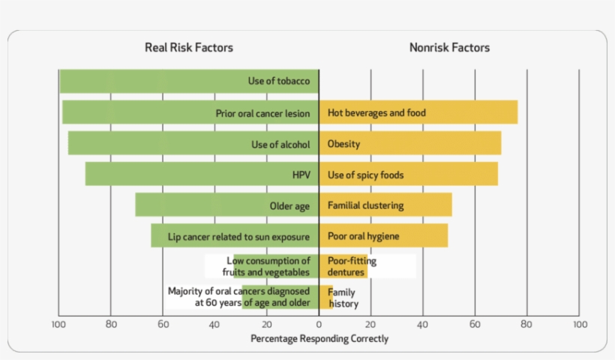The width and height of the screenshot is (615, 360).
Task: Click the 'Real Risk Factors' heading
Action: coord(188,47)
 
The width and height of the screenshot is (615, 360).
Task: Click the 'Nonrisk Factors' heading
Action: coord(449,47)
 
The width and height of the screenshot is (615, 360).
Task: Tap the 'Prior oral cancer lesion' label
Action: coord(262,113)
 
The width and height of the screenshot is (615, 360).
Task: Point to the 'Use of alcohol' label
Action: coord(280,144)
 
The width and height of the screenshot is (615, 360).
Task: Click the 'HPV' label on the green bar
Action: coord(301,175)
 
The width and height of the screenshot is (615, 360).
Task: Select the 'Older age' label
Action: coord(289,205)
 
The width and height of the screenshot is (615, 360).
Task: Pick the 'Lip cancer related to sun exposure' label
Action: coord(238,236)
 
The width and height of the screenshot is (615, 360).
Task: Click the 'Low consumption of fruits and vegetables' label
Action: coord(267,266)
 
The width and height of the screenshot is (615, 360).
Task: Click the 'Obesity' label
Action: coord(343,144)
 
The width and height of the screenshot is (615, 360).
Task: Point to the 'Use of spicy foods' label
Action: coord(365,175)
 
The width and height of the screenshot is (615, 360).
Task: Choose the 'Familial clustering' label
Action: coord(365,205)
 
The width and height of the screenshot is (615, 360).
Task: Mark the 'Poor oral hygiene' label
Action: coord(363,236)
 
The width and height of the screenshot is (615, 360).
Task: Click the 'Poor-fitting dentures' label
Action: coord(352,266)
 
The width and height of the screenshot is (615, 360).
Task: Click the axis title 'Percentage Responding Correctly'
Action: coord(319,339)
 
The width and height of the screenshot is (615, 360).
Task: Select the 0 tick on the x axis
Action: coord(319,325)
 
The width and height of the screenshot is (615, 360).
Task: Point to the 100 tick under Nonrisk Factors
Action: coord(579,325)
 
